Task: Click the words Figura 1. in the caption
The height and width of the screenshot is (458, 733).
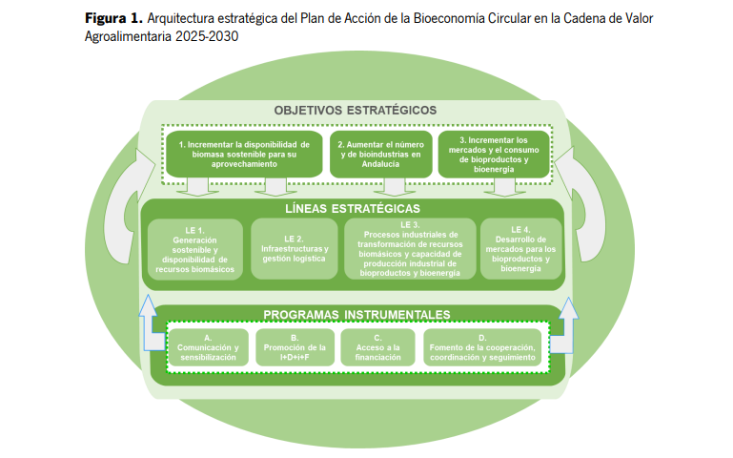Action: pos(113,18)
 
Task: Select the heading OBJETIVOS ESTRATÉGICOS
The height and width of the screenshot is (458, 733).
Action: pos(356,111)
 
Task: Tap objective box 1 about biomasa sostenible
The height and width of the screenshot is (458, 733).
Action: pos(244,155)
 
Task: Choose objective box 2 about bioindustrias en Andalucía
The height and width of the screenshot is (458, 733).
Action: pos(381,155)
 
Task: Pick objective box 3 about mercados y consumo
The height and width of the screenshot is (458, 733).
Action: pos(494,155)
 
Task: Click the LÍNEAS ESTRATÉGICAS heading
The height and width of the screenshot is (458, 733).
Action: pos(353,209)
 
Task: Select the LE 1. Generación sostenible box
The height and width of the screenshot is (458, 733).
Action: pos(195,250)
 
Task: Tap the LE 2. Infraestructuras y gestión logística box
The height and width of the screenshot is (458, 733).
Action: pos(294,249)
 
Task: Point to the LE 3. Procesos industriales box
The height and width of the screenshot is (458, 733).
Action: pos(410,249)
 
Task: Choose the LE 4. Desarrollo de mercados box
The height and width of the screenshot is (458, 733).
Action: pos(520,249)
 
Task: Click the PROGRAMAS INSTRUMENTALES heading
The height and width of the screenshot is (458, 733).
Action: pos(356,315)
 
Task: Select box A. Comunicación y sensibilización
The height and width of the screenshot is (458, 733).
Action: pos(208,347)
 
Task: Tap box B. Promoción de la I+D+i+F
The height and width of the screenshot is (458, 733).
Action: pos(295,347)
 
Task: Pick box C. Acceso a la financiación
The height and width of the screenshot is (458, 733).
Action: pos(377,347)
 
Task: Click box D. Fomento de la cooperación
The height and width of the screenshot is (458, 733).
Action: pos(482,347)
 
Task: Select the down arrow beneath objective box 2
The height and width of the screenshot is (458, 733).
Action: pos(395,187)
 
